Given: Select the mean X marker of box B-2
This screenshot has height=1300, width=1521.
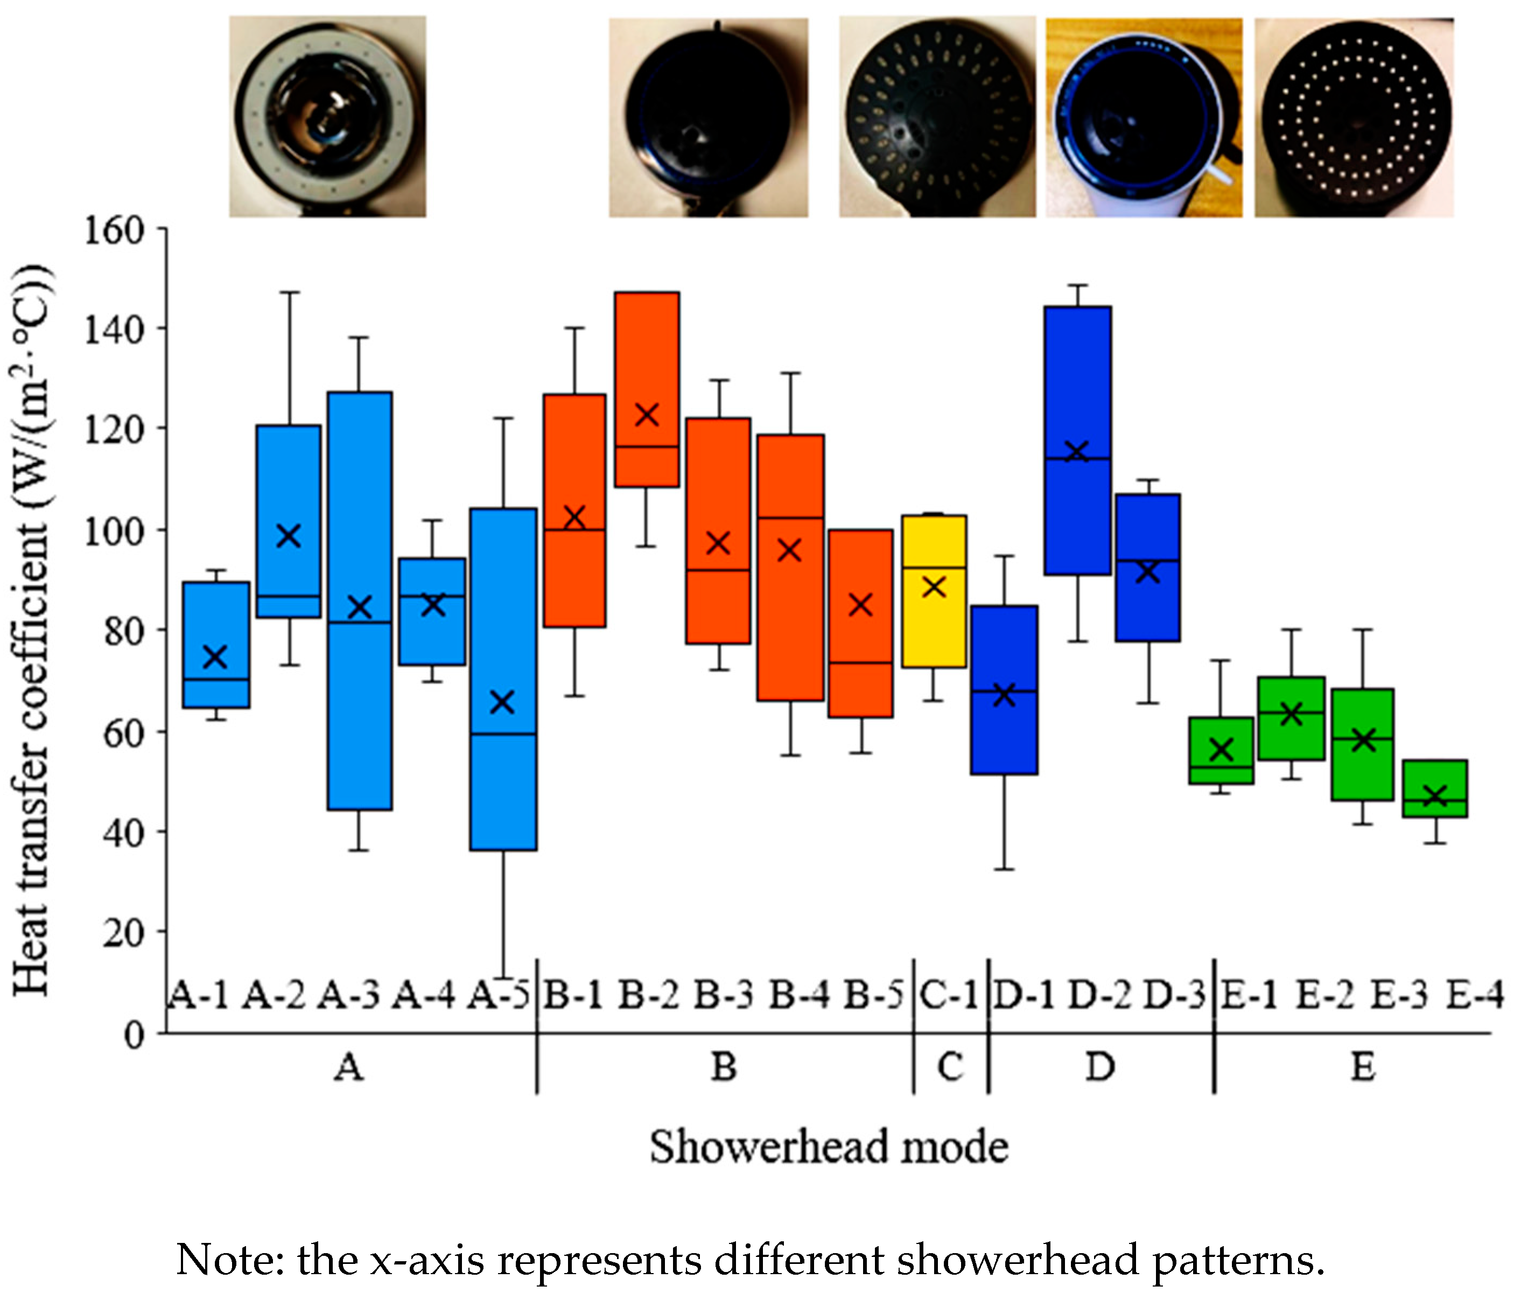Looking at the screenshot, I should [x=647, y=415].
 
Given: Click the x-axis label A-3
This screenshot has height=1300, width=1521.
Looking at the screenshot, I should [x=349, y=995].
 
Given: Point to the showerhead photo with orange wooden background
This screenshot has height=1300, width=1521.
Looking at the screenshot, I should [x=1144, y=117].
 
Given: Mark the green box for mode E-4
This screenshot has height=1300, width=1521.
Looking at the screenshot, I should [x=1434, y=788].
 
